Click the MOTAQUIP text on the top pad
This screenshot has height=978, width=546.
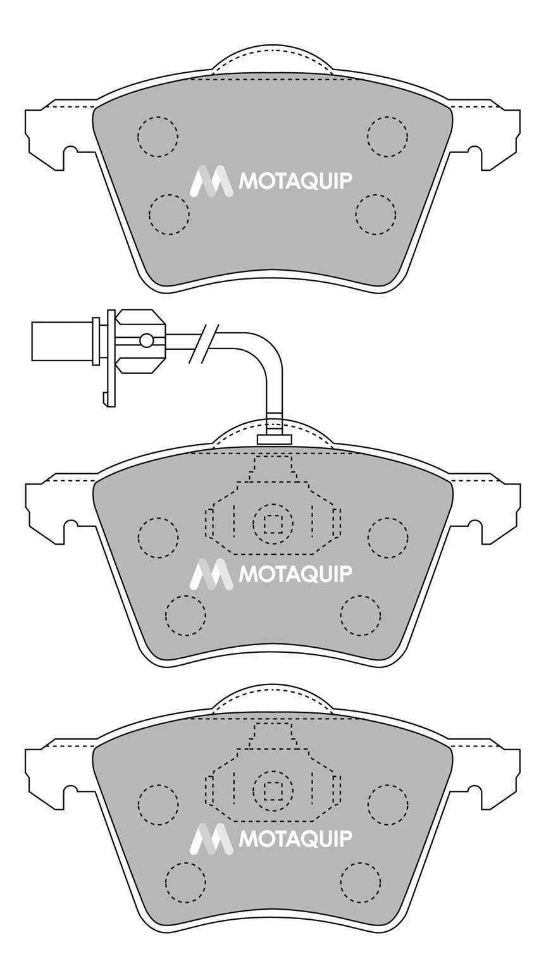294,181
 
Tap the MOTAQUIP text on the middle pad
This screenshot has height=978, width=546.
294,574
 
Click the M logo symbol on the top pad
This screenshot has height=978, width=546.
211,180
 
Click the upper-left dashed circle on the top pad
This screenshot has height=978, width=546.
158,136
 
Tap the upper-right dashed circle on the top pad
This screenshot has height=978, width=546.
387,136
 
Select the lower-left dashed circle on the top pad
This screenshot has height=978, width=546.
169,214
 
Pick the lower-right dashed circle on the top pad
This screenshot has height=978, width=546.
376,214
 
